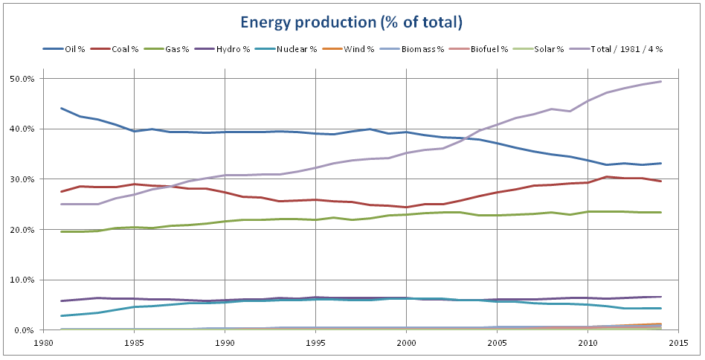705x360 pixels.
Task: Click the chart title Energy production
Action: click(x=352, y=22)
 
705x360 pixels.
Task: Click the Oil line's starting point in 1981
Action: click(x=62, y=109)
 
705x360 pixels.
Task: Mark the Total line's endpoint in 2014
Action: click(x=660, y=82)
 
